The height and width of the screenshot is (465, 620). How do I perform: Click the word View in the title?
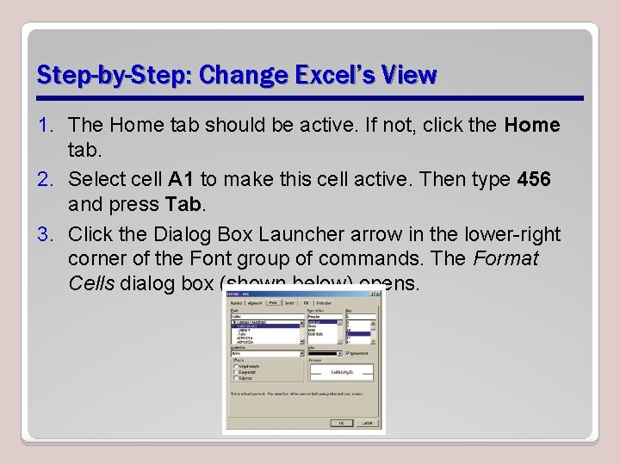412,76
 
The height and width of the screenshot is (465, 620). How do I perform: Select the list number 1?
47,126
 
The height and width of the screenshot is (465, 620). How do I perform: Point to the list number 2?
47,180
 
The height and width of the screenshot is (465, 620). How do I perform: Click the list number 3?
47,235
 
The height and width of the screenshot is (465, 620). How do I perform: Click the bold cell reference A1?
181,180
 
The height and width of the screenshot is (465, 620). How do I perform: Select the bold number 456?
534,180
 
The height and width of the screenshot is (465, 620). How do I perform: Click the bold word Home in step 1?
532,126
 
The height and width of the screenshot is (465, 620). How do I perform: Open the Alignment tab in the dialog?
255,302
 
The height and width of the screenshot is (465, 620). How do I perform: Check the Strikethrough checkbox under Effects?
236,366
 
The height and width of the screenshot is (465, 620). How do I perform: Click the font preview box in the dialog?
342,371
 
